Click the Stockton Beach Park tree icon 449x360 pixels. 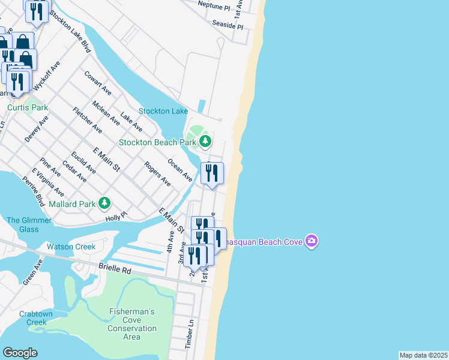(206, 142)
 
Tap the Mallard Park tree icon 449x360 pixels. (104, 203)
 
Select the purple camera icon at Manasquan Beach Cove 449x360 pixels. (311, 241)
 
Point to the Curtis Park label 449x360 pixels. (27, 108)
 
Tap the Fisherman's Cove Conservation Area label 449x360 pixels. (132, 324)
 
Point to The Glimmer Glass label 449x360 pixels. (22, 224)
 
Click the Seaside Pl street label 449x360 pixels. (228, 25)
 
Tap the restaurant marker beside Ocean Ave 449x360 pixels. (212, 173)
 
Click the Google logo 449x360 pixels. (20, 352)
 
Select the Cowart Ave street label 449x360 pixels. (98, 83)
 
